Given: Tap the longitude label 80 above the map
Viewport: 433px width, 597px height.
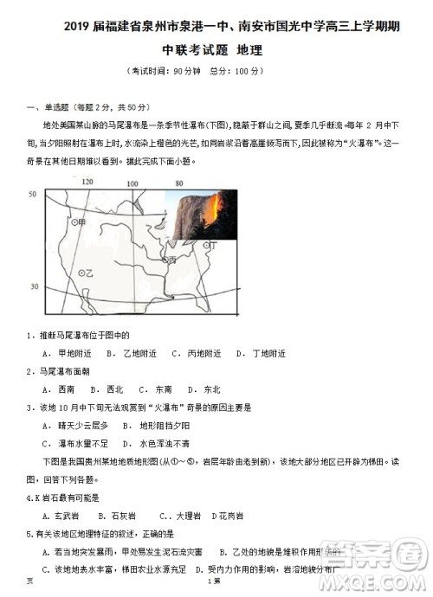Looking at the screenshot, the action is pos(179,183).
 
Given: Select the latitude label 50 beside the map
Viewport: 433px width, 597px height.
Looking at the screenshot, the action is pos(32,196).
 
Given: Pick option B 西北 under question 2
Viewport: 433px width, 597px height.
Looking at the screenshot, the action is pos(108,389).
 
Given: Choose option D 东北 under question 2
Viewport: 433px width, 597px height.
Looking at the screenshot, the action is pos(205,389).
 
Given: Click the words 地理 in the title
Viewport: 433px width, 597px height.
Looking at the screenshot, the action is pos(248,49).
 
